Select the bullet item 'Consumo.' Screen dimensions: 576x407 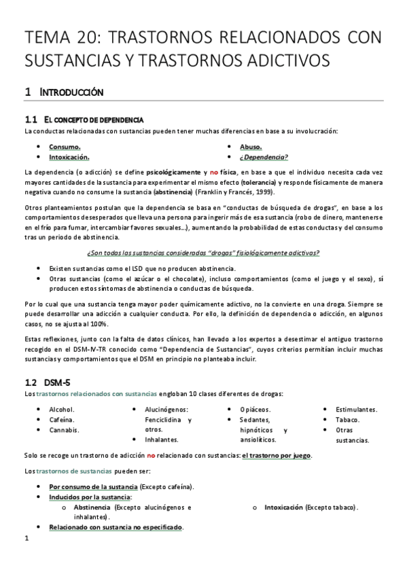tap(65, 147)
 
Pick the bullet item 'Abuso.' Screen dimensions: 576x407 tap(251, 147)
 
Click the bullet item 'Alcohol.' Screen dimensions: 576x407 tap(62, 410)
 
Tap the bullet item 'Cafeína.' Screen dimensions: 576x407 tap(62, 420)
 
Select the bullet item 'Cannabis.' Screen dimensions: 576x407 tap(64, 430)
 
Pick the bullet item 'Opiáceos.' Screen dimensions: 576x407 tap(255, 410)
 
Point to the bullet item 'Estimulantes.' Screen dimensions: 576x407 tap(356, 410)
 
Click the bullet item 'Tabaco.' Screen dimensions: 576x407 tap(348, 420)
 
